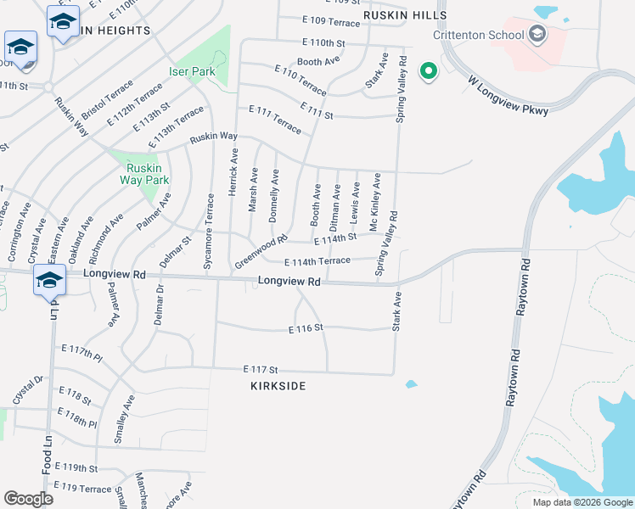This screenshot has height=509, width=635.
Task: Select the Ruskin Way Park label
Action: pos(143,174)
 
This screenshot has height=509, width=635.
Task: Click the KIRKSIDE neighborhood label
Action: pos(278,386)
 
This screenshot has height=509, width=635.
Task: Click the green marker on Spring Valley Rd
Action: pos(429,71)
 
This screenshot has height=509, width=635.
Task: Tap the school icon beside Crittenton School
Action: pos(536,35)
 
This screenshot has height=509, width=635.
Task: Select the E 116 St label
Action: pos(306,327)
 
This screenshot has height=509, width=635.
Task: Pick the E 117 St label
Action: pos(261,370)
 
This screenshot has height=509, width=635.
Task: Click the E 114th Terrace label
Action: pos(317,261)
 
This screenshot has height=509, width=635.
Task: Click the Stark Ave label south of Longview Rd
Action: pos(396,311)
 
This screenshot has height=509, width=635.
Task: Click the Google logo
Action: pos(28,499)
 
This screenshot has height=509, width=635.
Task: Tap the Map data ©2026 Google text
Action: pos(582,502)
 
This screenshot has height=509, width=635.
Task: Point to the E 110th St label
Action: pos(323,42)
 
